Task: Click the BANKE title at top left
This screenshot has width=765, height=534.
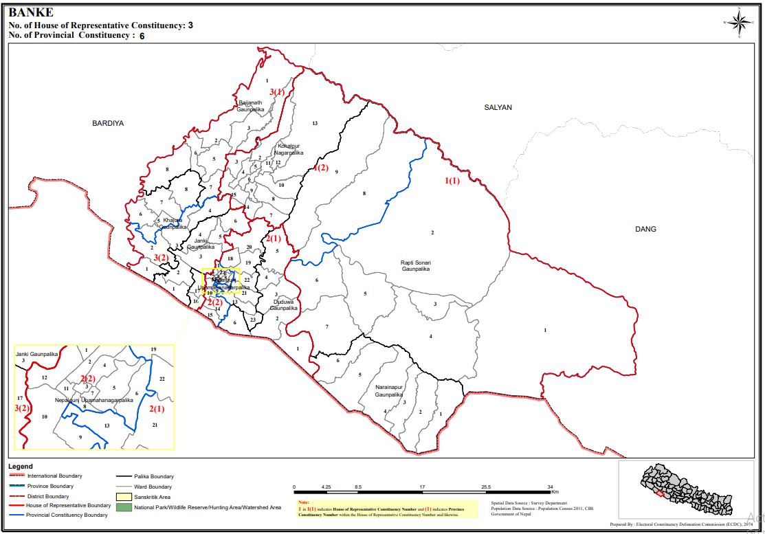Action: click(x=30, y=12)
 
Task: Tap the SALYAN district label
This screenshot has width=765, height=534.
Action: click(x=498, y=107)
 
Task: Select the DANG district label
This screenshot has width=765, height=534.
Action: click(x=645, y=229)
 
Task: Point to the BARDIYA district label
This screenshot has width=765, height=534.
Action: click(x=108, y=124)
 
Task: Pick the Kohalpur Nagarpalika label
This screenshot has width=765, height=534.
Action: click(x=289, y=150)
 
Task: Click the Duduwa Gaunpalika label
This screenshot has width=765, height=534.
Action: click(x=285, y=304)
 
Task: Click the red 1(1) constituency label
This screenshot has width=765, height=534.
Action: click(x=452, y=181)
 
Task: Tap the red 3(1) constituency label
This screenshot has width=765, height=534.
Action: click(x=276, y=91)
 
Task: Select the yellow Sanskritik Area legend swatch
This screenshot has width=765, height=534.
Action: click(x=124, y=496)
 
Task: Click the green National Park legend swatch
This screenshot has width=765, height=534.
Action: click(x=124, y=507)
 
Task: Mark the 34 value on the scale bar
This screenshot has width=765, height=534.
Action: click(x=551, y=487)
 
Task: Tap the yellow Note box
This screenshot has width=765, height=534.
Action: click(x=390, y=509)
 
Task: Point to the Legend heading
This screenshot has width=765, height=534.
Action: click(x=21, y=466)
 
